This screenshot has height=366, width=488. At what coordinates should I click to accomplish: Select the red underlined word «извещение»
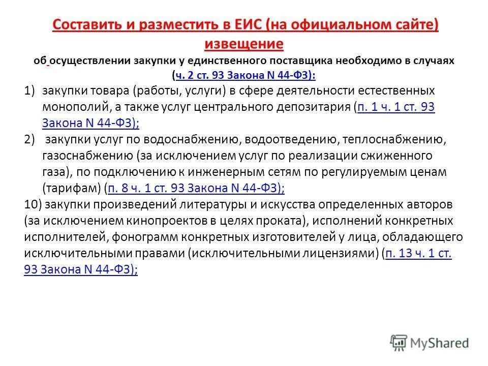[x=243, y=44]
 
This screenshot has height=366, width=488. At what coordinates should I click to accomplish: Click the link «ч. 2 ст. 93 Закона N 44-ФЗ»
[x=245, y=75]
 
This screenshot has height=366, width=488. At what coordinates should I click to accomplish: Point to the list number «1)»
[x=30, y=91]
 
